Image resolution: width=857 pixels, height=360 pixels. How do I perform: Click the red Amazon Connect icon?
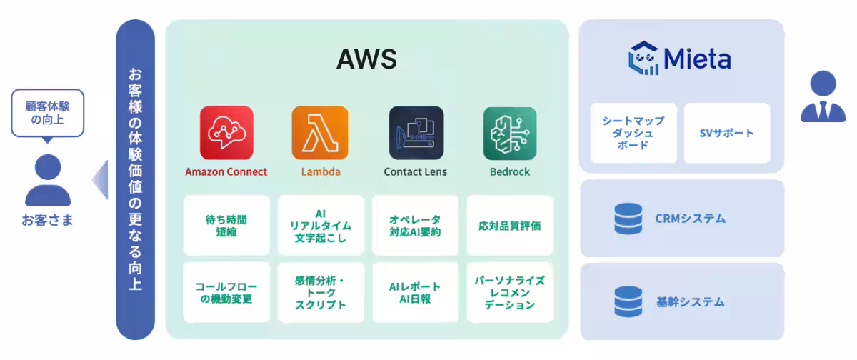(226, 132)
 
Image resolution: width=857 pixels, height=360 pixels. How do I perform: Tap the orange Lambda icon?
(320, 132)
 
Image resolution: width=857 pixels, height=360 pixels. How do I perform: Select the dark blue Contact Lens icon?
(416, 132)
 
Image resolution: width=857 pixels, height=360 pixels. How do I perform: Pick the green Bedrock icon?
(510, 132)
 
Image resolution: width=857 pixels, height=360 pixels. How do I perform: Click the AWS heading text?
(366, 59)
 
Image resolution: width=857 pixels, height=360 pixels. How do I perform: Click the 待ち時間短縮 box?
(226, 226)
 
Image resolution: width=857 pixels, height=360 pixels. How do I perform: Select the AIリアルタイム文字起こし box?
(321, 226)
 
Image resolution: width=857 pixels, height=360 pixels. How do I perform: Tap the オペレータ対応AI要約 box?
(415, 226)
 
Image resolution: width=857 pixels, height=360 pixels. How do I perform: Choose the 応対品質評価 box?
(510, 226)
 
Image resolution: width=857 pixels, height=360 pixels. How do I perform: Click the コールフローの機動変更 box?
(226, 293)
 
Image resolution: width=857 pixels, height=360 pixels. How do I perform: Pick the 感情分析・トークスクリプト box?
(321, 293)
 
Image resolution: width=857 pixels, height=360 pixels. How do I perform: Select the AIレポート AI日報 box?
(415, 293)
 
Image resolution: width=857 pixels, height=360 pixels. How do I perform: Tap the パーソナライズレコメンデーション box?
(510, 293)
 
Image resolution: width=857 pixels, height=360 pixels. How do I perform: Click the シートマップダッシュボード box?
(633, 133)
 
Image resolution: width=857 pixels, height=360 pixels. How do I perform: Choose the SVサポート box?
(727, 133)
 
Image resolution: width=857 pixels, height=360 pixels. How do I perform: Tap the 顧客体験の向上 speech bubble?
(47, 113)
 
